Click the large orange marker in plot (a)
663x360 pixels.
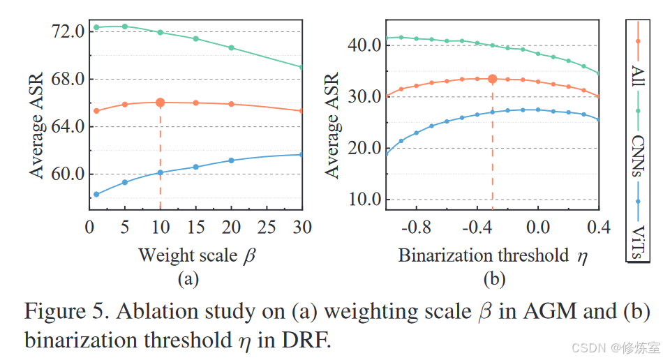(161, 103)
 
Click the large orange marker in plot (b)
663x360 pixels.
(492, 80)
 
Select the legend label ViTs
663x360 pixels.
(639, 238)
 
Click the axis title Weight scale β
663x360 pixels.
(197, 255)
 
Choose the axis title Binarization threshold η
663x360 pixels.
(493, 255)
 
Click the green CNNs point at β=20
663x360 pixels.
(231, 48)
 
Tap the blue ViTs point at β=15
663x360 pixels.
(196, 167)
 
